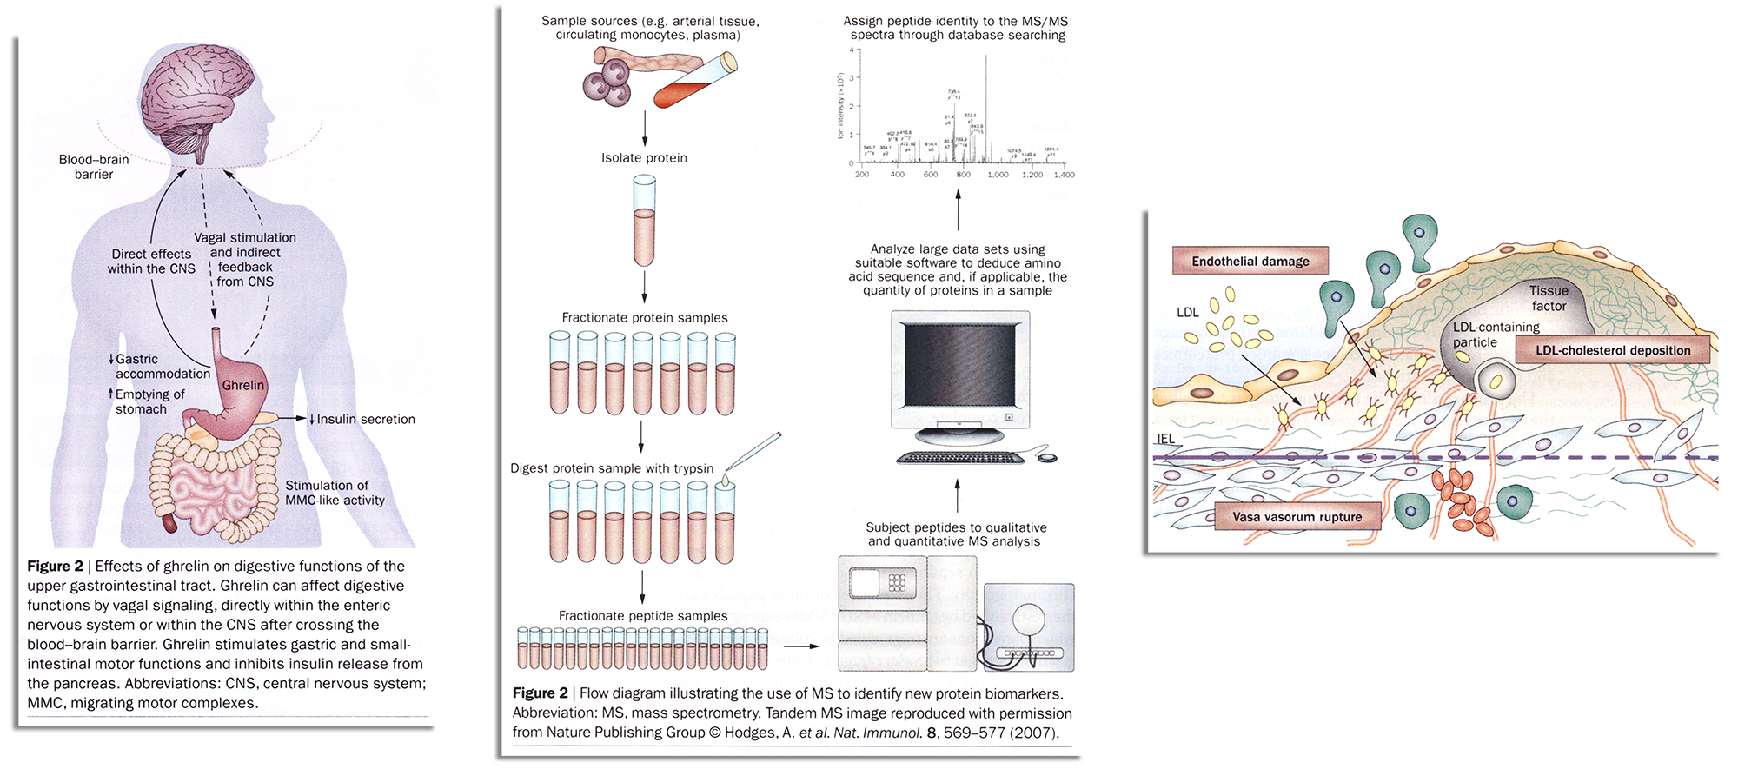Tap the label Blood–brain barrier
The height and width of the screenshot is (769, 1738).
tap(93, 167)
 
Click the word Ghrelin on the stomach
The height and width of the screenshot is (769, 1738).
tap(242, 385)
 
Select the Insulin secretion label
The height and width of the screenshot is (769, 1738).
tap(365, 419)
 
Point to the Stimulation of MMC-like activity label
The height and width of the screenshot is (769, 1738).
tap(335, 493)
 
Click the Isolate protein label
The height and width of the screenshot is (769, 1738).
tap(644, 158)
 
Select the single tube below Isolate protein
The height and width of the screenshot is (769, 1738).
tap(644, 222)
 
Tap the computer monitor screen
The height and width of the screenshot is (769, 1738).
tap(959, 365)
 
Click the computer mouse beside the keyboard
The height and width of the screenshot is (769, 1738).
tap(1047, 457)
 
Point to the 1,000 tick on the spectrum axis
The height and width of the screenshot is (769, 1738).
tap(998, 174)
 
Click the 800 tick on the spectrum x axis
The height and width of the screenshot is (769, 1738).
tap(963, 174)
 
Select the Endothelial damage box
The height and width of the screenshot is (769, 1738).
tap(1250, 261)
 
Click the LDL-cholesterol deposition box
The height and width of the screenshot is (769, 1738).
tap(1612, 350)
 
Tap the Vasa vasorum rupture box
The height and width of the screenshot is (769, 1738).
tap(1297, 516)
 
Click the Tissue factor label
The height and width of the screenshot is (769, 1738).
tap(1549, 298)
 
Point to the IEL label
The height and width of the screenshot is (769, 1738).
tap(1165, 439)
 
